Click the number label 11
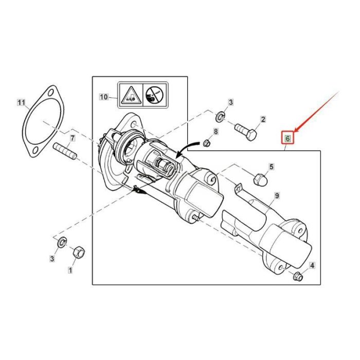21,103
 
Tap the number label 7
73,139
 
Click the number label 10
103,96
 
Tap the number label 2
263,120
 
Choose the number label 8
215,132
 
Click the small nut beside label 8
206,142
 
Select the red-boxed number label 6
287,138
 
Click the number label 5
272,167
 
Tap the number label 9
276,195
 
